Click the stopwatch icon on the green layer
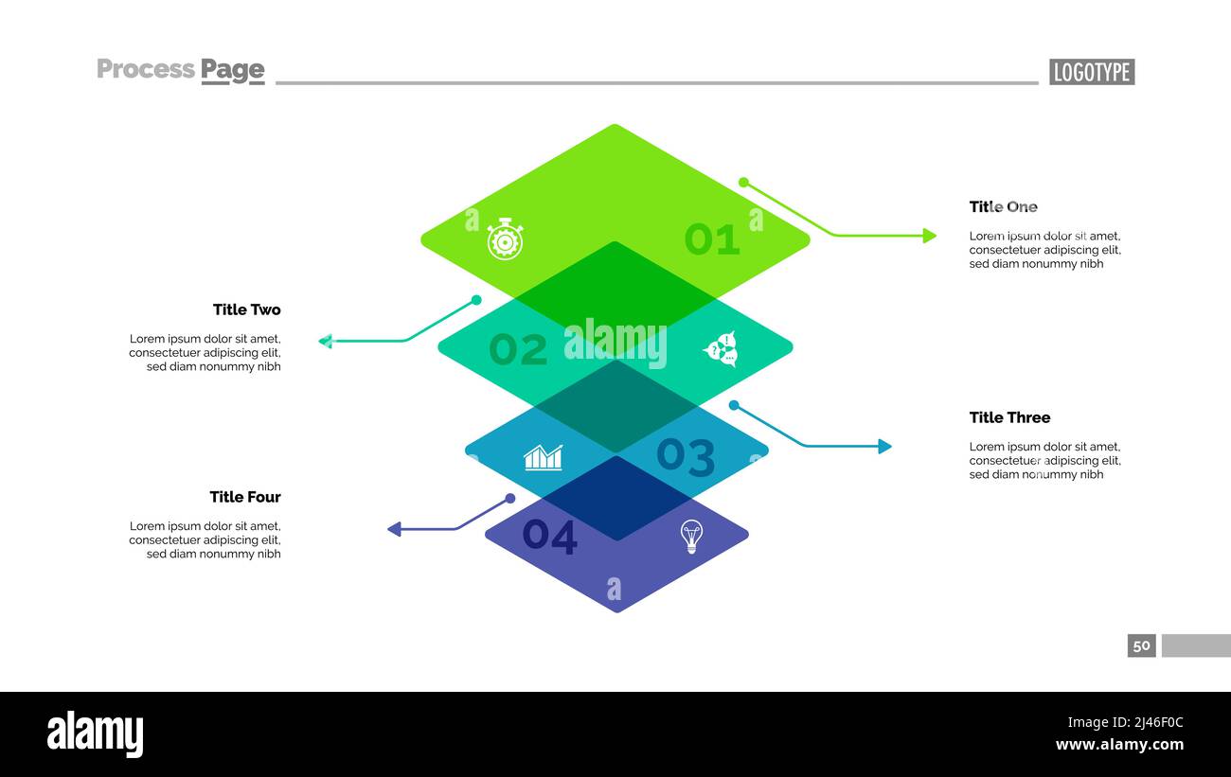click(x=505, y=239)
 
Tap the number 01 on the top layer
click(x=711, y=239)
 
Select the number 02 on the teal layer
click(x=518, y=350)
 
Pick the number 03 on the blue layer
click(x=686, y=456)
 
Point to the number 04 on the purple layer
click(x=549, y=537)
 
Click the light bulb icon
click(x=692, y=537)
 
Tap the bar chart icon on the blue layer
click(x=544, y=457)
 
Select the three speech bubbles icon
click(x=721, y=349)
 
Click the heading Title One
click(x=1003, y=206)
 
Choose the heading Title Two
click(x=246, y=309)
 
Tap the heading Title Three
click(x=1009, y=417)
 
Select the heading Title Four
click(x=245, y=497)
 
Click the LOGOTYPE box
click(x=1091, y=72)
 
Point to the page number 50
click(x=1141, y=645)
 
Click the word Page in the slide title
click(x=232, y=69)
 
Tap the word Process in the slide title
click(x=146, y=69)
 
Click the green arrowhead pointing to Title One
click(x=930, y=236)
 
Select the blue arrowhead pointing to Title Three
click(x=884, y=447)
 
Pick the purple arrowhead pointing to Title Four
click(x=395, y=529)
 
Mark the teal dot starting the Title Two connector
click(x=476, y=300)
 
